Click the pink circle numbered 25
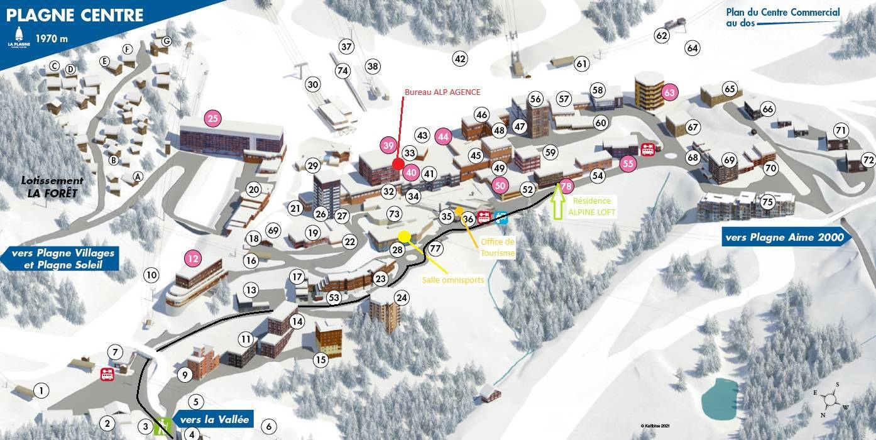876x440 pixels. (x=213, y=118)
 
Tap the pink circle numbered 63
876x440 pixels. (x=670, y=93)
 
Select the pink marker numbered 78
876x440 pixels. (x=567, y=186)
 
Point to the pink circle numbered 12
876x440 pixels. (x=194, y=258)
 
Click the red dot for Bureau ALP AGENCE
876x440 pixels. (x=397, y=164)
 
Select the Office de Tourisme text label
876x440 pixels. (x=498, y=247)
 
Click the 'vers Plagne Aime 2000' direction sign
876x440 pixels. (x=786, y=238)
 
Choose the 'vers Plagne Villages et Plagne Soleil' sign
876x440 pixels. (x=62, y=258)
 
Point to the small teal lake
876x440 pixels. (x=720, y=398)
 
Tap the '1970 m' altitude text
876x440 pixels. (x=52, y=38)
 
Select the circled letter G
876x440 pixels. (x=167, y=41)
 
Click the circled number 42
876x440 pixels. (x=461, y=59)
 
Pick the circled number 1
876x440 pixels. (x=41, y=391)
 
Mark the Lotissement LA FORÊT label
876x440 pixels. (x=52, y=187)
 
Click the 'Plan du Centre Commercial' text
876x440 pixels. (x=782, y=13)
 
